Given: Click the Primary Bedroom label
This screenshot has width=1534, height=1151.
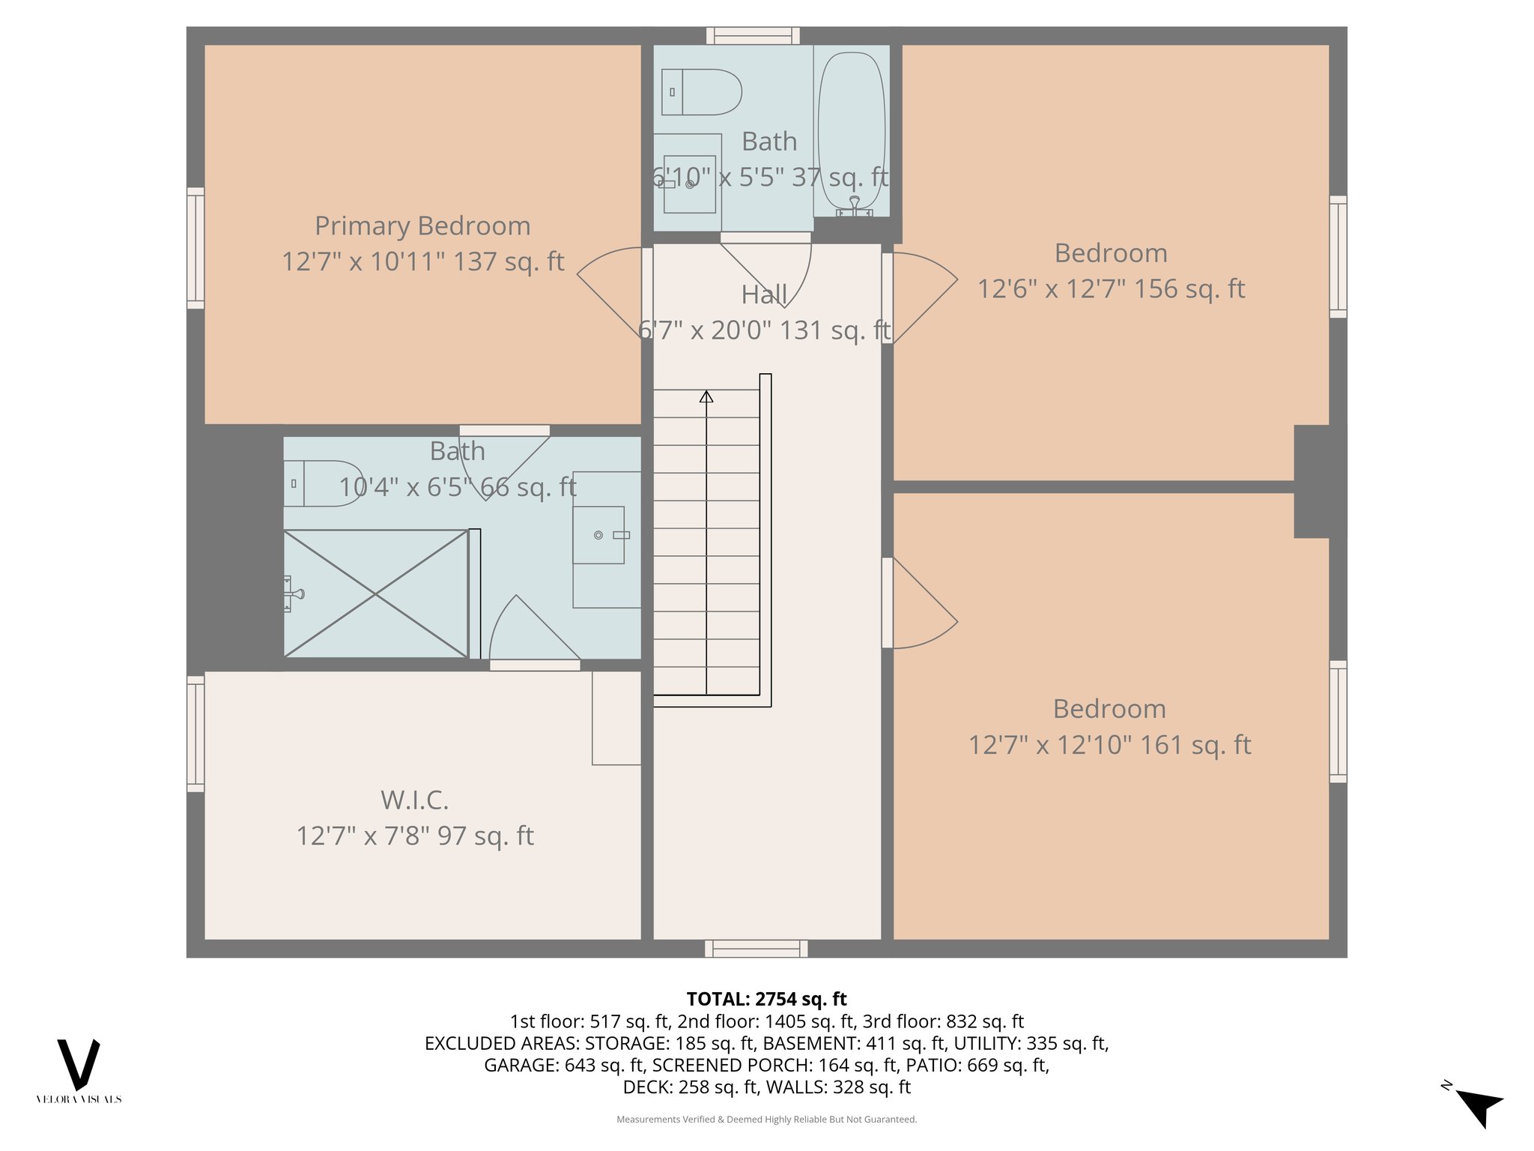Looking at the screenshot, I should click(x=422, y=226).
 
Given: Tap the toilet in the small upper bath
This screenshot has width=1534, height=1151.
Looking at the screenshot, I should click(x=701, y=92).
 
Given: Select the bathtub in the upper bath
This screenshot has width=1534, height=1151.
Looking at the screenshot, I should click(x=852, y=131).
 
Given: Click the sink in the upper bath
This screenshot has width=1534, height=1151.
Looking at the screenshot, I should click(x=689, y=184).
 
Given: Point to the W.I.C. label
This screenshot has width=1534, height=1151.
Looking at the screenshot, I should click(x=414, y=800).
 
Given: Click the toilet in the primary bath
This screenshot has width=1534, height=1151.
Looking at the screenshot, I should click(x=323, y=483).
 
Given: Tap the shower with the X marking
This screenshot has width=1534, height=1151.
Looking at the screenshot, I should click(x=376, y=594).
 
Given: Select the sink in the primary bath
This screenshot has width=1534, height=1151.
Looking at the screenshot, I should click(x=598, y=535).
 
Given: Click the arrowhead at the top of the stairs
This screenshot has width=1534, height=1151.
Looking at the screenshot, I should click(x=706, y=396).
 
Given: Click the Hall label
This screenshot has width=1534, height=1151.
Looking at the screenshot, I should click(x=764, y=295).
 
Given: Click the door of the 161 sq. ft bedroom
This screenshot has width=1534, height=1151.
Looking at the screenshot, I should click(x=923, y=604).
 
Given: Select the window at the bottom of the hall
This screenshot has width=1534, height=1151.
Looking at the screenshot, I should click(x=756, y=949).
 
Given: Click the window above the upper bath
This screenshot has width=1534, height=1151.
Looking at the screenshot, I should click(x=753, y=35).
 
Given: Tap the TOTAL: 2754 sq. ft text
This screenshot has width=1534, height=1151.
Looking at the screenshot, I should click(x=766, y=999).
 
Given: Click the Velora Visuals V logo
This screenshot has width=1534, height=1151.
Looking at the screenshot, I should click(x=79, y=1064).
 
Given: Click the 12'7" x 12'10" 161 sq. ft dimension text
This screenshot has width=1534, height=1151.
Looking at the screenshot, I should click(x=1109, y=746).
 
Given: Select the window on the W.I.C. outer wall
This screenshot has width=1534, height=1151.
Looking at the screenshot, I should click(x=195, y=734).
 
